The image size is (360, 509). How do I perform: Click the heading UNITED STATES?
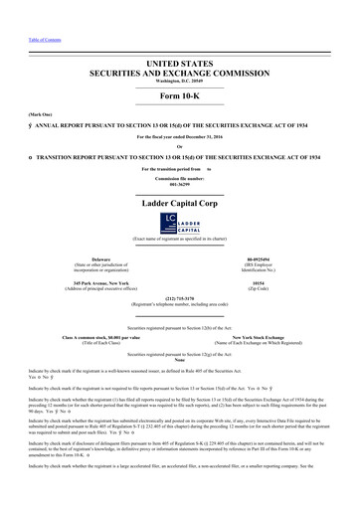click(x=180, y=62)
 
